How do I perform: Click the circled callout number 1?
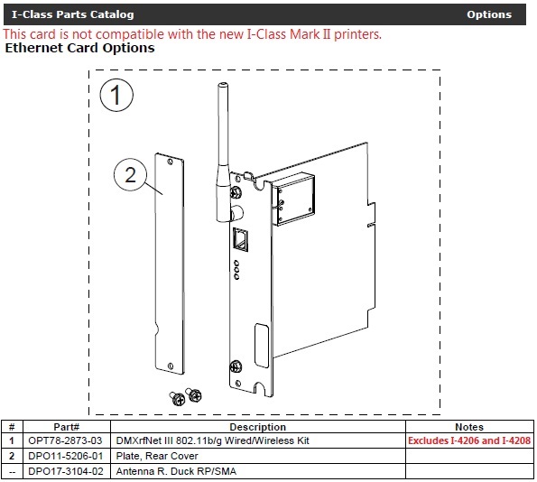117,96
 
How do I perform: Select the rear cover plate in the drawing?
170,262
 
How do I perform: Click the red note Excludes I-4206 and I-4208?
469,440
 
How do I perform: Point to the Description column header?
257,427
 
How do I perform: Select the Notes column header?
469,427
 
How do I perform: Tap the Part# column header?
66,427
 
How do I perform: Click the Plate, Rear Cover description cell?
158,456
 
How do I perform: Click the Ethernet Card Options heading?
80,48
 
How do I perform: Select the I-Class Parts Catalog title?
72,14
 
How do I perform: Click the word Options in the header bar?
488,14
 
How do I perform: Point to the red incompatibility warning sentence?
192,34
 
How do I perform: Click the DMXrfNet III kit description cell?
213,440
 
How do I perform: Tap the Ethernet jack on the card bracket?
242,238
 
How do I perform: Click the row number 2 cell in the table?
12,456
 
